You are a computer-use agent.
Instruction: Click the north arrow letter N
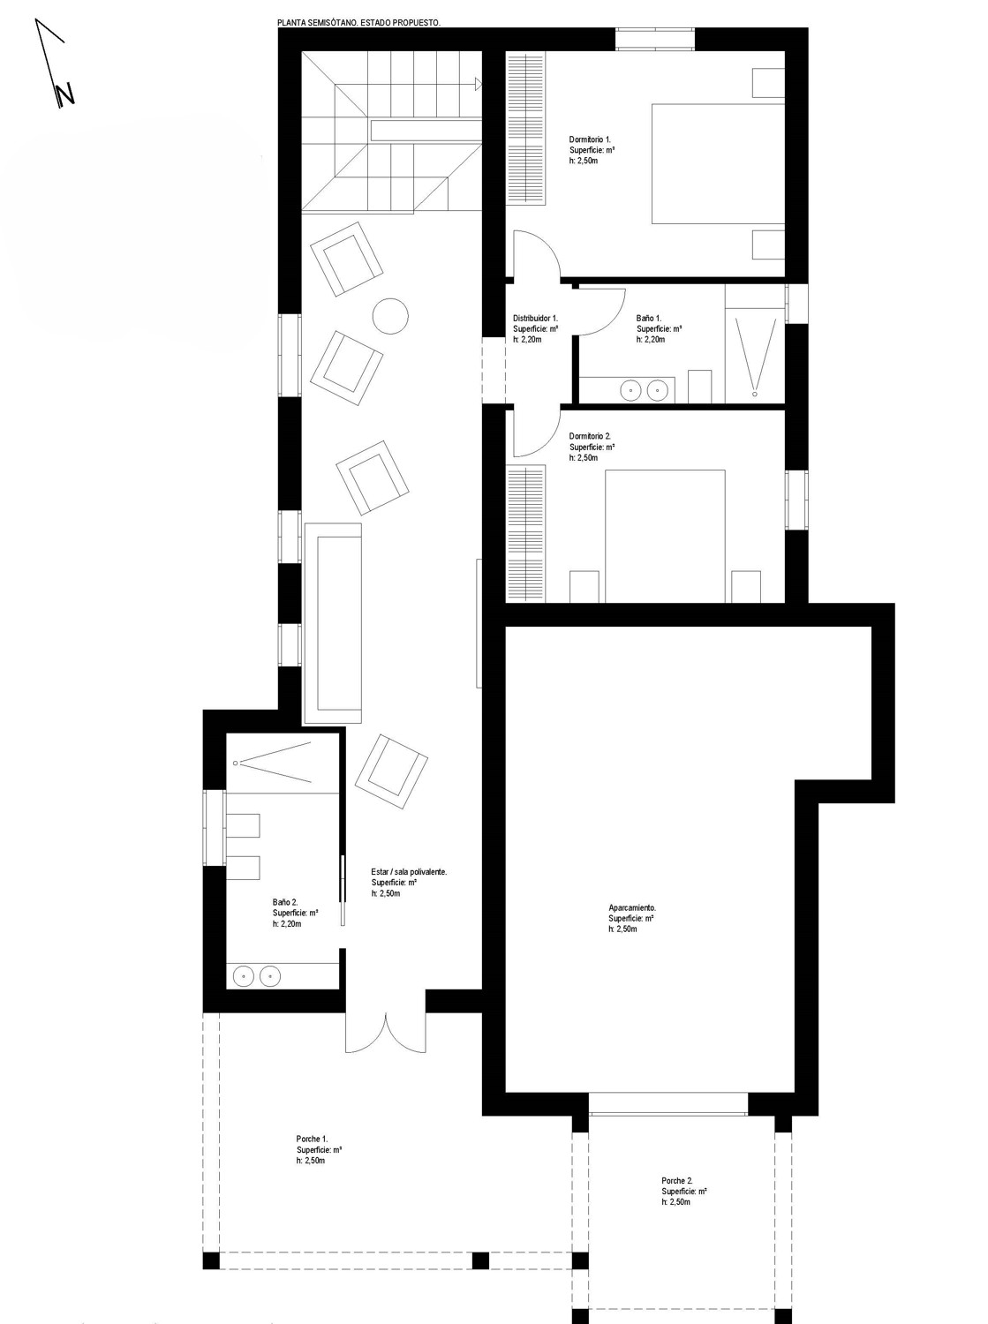coord(64,94)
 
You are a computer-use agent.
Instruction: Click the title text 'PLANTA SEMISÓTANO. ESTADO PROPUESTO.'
coord(358,23)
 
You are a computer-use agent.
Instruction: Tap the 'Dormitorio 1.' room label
coord(590,139)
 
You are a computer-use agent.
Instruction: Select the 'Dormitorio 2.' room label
coord(590,436)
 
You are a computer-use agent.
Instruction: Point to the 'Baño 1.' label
coord(649,319)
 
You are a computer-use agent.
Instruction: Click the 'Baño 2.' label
coord(284,902)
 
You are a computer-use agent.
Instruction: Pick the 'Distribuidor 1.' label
coord(535,318)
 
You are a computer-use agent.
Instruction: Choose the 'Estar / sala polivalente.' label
coord(409,871)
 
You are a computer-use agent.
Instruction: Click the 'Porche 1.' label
coord(312,1139)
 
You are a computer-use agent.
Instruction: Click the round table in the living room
coord(389,316)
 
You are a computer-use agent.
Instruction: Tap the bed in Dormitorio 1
coord(718,163)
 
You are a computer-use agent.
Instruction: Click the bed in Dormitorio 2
coord(665,536)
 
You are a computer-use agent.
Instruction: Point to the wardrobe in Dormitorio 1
coord(525,129)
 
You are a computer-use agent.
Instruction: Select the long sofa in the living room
coord(333,622)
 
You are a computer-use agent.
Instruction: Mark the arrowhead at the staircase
coord(479,84)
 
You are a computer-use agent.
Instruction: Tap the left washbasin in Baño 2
coord(243,975)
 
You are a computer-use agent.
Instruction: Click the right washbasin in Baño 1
coord(657,391)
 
